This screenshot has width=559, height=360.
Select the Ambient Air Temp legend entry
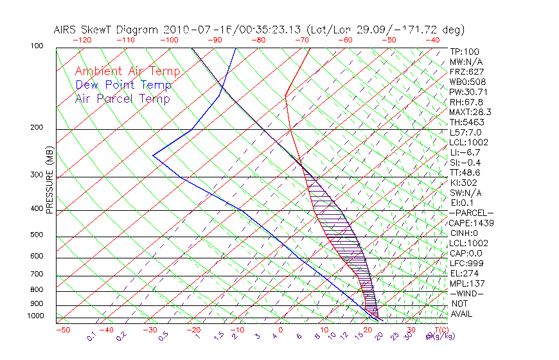click(x=128, y=71)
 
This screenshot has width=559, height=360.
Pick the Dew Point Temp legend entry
click(x=123, y=85)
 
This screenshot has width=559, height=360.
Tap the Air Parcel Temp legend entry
click(x=123, y=98)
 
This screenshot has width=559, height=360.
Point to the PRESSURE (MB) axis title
click(x=49, y=180)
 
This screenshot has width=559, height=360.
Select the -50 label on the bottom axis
click(x=62, y=330)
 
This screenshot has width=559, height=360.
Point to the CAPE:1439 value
click(x=470, y=222)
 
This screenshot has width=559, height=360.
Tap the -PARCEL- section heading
click(x=471, y=213)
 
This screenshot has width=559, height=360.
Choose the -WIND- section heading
click(x=466, y=293)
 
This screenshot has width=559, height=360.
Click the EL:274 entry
click(x=465, y=273)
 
